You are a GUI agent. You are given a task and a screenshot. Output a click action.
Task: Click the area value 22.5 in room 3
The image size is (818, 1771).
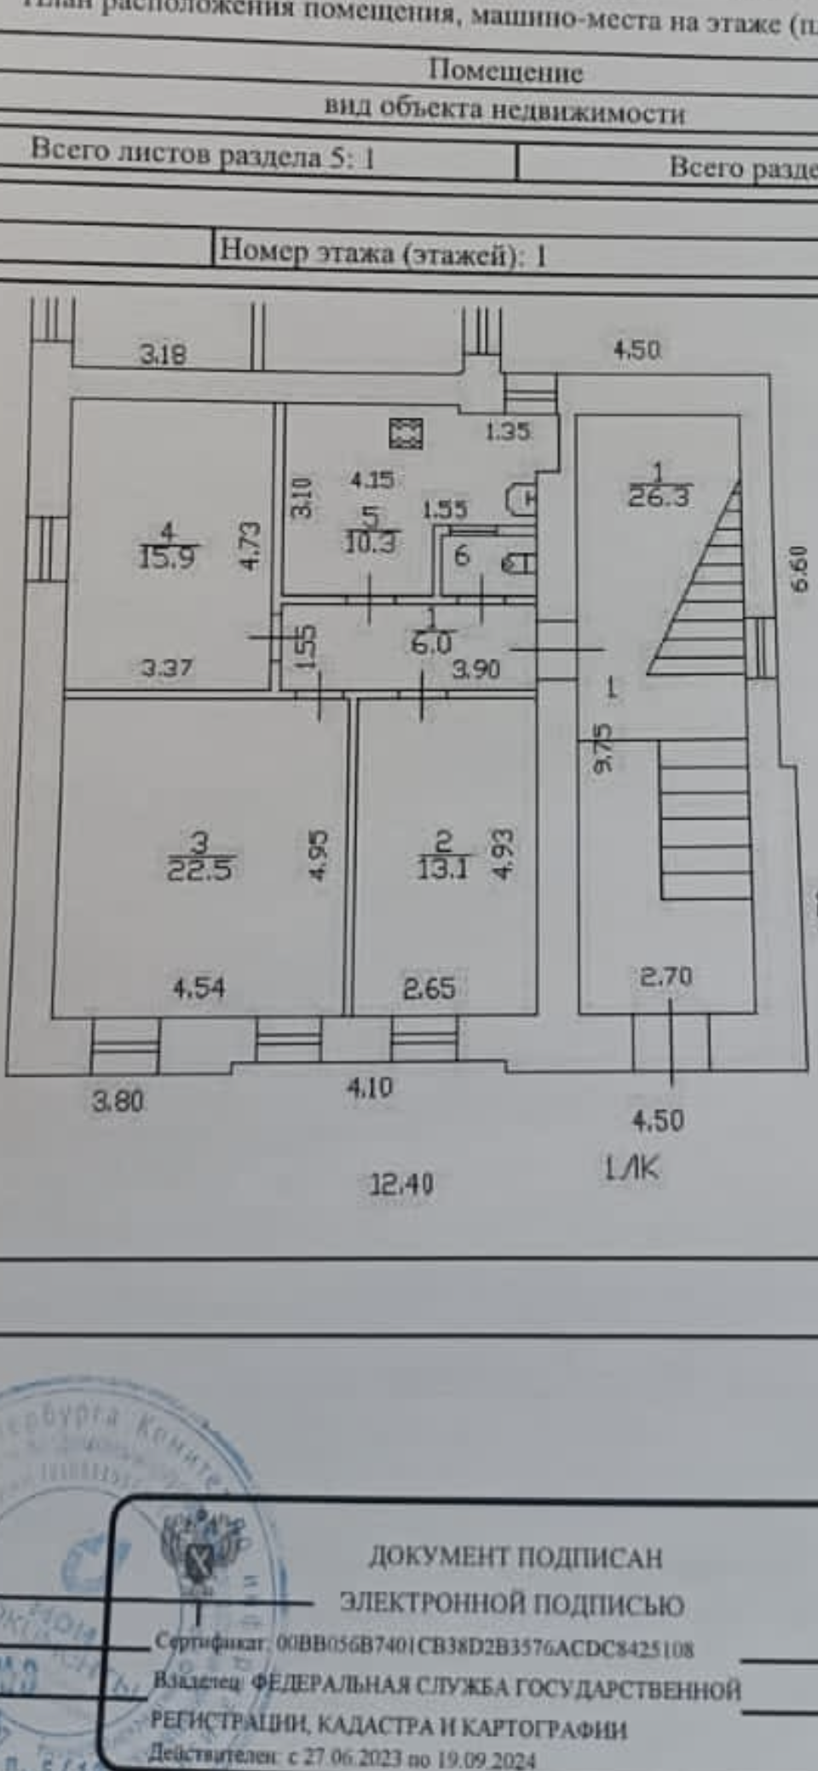point(199,870)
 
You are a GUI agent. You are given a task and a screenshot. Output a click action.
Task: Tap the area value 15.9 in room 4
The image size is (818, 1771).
point(167,557)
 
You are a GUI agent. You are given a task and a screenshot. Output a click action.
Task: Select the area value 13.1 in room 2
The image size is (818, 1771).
point(442,868)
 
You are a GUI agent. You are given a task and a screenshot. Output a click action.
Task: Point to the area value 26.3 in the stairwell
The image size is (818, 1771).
point(659,496)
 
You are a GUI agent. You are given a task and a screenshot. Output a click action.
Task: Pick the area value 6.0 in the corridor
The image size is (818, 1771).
point(431,643)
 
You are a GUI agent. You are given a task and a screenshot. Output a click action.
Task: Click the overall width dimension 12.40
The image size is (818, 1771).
point(400,1183)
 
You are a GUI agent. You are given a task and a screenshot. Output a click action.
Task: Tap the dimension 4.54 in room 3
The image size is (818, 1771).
point(199,988)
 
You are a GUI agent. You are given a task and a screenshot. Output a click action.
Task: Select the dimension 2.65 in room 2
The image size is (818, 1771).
point(429,989)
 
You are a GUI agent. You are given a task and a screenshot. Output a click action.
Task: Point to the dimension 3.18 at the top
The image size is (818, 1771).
point(163,354)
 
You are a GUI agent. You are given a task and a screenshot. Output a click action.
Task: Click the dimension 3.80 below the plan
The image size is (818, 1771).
point(118,1101)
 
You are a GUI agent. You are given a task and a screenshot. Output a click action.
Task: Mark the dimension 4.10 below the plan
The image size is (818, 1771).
point(370,1088)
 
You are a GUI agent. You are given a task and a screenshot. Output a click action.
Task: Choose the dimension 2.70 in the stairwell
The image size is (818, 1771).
point(665,976)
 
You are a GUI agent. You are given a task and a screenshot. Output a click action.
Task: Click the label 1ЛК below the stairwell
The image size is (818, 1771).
point(631,1169)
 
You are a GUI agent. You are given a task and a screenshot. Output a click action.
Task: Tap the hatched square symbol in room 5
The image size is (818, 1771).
point(406,433)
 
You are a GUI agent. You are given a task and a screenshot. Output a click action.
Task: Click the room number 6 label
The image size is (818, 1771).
point(462,555)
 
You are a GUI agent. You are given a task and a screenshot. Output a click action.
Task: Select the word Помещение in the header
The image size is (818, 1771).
point(505,71)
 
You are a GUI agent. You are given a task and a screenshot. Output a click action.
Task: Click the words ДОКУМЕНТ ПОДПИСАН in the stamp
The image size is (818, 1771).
point(515,1557)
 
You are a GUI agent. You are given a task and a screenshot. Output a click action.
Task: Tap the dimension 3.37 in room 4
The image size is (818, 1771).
point(167,667)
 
